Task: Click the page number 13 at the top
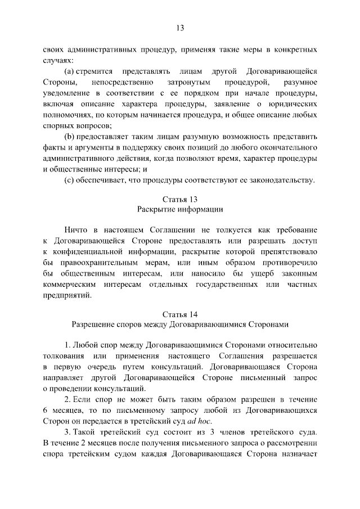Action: pyautogui.click(x=180, y=29)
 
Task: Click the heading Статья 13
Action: pyautogui.click(x=180, y=199)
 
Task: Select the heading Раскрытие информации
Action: pyautogui.click(x=180, y=210)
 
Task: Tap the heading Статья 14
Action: pyautogui.click(x=180, y=314)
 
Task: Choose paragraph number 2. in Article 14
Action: pyautogui.click(x=67, y=398)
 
